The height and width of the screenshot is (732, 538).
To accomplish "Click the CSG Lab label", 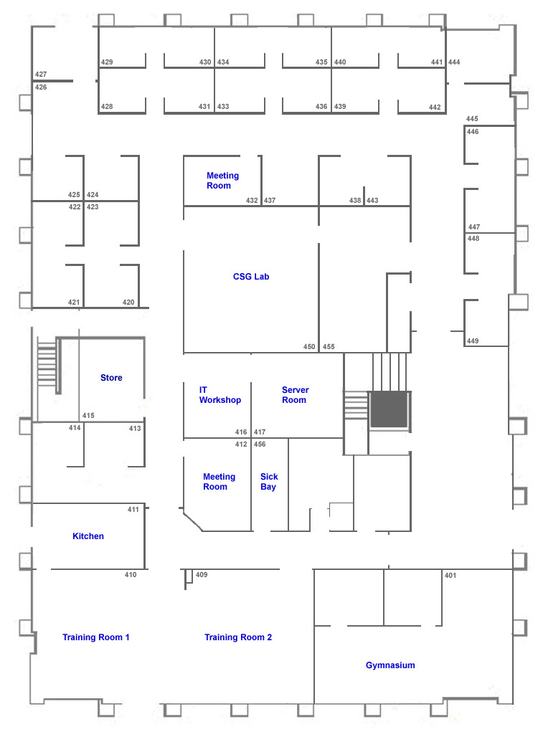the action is pos(251,276).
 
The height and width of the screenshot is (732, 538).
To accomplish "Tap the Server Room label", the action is pos(295,394).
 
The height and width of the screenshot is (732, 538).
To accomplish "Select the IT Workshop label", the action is pos(220,394).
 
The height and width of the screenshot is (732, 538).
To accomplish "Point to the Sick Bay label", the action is pos(269,481).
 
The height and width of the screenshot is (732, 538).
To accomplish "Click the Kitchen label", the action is pos(88,536).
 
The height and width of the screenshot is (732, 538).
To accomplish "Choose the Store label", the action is pos(111,377).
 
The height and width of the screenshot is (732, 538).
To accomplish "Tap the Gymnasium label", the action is pos(390,665).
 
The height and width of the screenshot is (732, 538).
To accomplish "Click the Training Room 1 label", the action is pos(95,637).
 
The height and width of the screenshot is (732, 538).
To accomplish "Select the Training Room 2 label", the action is pos(238,637).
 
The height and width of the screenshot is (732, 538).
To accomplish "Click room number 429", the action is pos(107,62).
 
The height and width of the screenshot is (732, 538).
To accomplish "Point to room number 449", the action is pos(473,341).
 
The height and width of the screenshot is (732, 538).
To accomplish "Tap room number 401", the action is pos(450,575).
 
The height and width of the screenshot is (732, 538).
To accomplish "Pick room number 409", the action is pos(202,574).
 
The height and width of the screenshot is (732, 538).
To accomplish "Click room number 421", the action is pos(74,302).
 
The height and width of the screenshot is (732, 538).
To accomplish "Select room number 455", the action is pos(329,346).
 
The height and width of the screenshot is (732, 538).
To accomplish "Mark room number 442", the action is pos(435,107).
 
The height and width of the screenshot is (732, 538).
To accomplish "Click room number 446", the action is pos(473,132).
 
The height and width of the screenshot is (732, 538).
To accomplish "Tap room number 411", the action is pos(133,509).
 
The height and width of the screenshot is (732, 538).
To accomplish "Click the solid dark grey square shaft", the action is pos(389,409).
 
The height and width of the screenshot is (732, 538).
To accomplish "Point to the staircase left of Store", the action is pos(47,364).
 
